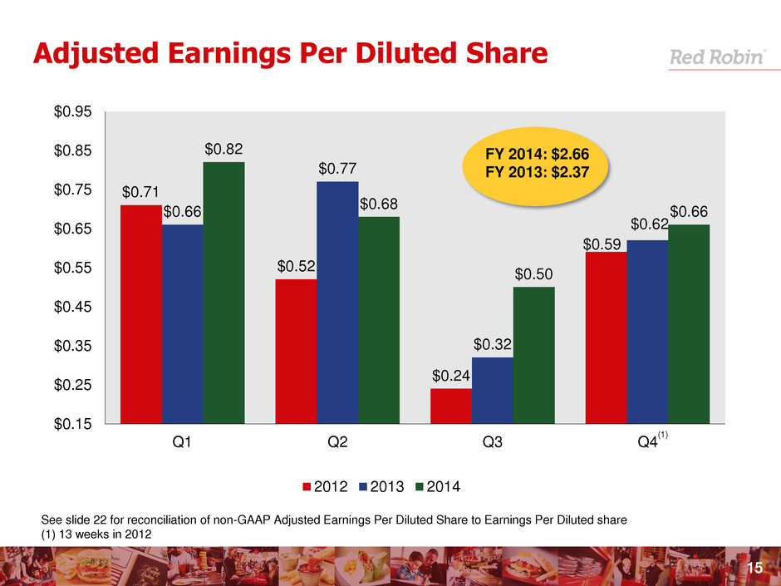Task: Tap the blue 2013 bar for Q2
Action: [x=337, y=303]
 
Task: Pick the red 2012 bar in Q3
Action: [x=451, y=406]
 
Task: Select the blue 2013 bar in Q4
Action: [x=647, y=332]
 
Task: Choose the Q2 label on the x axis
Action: [x=337, y=443]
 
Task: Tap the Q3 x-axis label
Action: [x=493, y=443]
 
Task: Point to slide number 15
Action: [x=754, y=568]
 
